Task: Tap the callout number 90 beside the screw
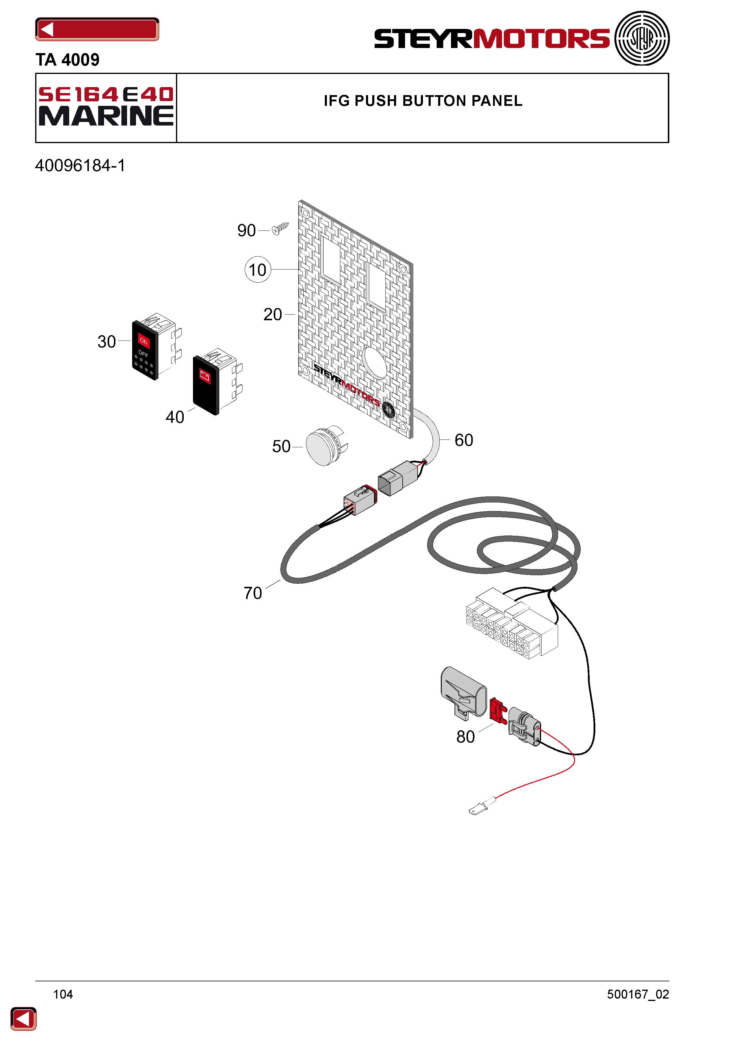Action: pyautogui.click(x=246, y=230)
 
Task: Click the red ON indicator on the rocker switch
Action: pyautogui.click(x=143, y=340)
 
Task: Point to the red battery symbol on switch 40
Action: pyautogui.click(x=205, y=376)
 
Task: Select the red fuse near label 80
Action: pyautogui.click(x=498, y=711)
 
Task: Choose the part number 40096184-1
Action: pyautogui.click(x=80, y=165)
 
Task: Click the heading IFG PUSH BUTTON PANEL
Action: pyautogui.click(x=423, y=101)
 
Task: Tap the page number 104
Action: pyautogui.click(x=63, y=994)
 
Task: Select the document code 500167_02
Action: pyautogui.click(x=638, y=994)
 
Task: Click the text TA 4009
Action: pyautogui.click(x=67, y=60)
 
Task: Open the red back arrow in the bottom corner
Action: pyautogui.click(x=23, y=1019)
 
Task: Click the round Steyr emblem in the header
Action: pyautogui.click(x=642, y=38)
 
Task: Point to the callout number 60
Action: pyautogui.click(x=464, y=440)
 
